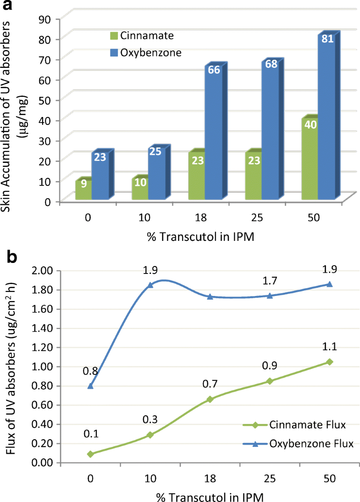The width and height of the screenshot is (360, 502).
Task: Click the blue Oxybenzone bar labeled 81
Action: coord(327,119)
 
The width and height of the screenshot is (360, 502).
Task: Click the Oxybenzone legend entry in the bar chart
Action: coord(145,52)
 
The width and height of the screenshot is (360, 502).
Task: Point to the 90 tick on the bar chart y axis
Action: coord(49,18)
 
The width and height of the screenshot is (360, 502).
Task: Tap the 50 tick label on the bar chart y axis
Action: coord(49,100)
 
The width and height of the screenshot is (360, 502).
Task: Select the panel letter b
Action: coord(9,257)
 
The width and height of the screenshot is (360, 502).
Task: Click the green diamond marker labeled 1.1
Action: coord(329,362)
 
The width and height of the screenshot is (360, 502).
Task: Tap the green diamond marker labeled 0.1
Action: coord(90,454)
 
